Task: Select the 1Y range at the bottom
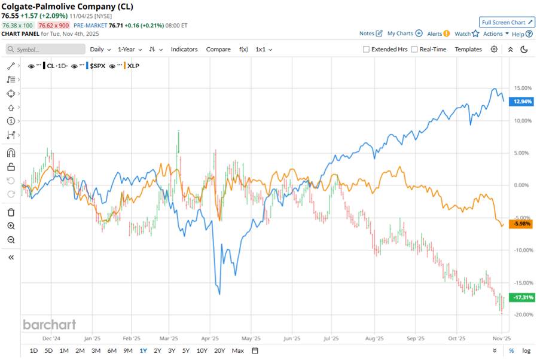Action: [x=143, y=350]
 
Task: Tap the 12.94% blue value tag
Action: [x=518, y=102]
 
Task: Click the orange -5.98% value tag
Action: [x=518, y=224]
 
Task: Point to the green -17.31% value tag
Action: [x=518, y=297]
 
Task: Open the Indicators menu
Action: [x=184, y=49]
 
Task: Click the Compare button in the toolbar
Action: [x=218, y=49]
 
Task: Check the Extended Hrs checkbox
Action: [x=366, y=50]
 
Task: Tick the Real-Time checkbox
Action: [x=414, y=50]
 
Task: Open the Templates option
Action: [x=468, y=49]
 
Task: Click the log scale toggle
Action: [x=526, y=350]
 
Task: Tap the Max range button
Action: [x=237, y=350]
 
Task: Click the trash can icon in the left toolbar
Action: [x=11, y=212]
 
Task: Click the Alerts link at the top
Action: [x=438, y=34]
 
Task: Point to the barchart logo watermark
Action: [x=49, y=324]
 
